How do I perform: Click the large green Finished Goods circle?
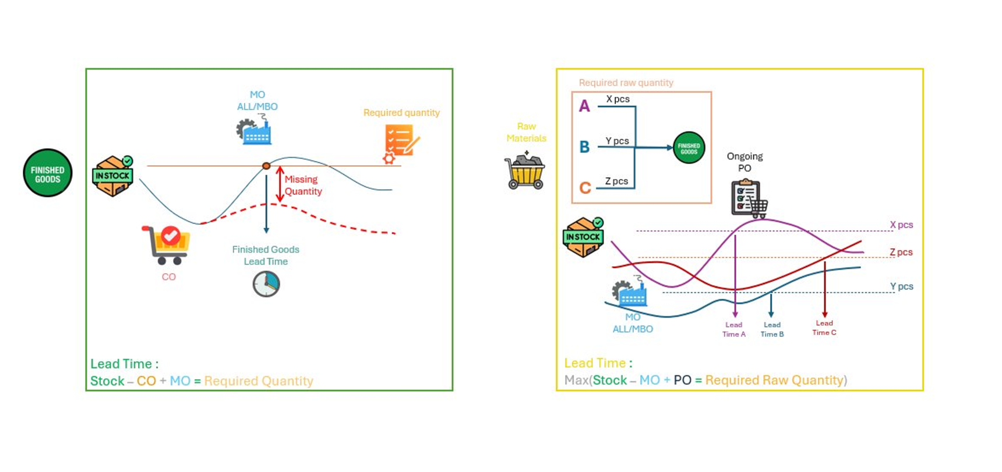(x=48, y=173)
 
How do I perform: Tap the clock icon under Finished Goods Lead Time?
(x=266, y=284)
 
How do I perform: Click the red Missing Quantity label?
(x=303, y=185)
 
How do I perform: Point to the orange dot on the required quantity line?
(x=266, y=166)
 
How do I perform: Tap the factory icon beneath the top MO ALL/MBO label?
(x=254, y=130)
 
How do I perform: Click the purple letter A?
(x=584, y=106)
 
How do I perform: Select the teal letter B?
(x=584, y=147)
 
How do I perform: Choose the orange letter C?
(x=585, y=188)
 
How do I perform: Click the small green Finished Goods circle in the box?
(x=689, y=148)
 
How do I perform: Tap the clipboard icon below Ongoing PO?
(x=749, y=199)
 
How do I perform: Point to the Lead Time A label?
(x=734, y=330)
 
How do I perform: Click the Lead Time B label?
(x=772, y=330)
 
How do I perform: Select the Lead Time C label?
(x=824, y=328)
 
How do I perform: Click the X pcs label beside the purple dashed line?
(x=901, y=225)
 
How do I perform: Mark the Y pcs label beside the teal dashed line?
(x=901, y=286)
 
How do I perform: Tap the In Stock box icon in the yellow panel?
(x=584, y=237)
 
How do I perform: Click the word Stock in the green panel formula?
(x=107, y=381)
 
